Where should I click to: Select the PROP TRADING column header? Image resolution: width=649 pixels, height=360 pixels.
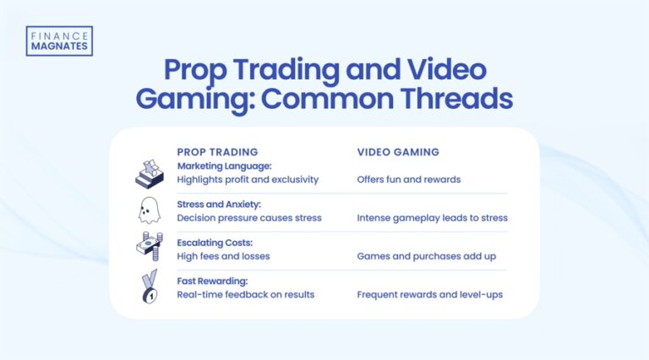coord(217,152)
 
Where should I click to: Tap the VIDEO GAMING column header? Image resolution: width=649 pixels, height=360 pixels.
coord(400,152)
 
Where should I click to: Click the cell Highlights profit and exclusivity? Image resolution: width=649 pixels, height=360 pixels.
coord(248,179)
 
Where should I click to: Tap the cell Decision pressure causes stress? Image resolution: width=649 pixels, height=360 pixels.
coord(249,218)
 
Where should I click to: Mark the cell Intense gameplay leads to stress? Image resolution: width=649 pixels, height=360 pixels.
coord(432,218)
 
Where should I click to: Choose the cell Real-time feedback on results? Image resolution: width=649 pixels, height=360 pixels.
coord(245,294)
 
